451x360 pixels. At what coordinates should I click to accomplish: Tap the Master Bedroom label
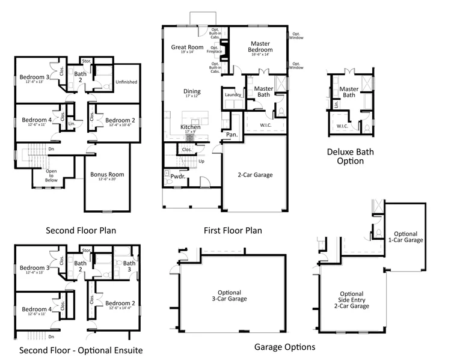click(260, 47)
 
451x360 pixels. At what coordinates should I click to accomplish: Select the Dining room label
click(192, 91)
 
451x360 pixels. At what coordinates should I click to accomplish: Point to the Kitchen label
click(191, 127)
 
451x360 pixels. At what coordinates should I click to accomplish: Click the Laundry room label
click(233, 95)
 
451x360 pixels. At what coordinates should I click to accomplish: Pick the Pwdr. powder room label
click(177, 177)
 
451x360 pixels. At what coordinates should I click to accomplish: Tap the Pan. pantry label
click(232, 135)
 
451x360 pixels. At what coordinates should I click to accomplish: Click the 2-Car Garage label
click(255, 175)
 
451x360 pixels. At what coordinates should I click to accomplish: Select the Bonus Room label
click(106, 174)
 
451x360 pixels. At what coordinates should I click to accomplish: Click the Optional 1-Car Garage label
click(408, 236)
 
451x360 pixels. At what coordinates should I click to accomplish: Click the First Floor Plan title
click(233, 230)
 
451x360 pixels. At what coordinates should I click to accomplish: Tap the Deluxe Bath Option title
click(349, 156)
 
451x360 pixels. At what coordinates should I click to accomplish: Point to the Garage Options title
click(284, 347)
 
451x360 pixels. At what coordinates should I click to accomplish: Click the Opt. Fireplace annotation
click(215, 49)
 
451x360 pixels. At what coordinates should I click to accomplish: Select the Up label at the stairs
click(201, 161)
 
